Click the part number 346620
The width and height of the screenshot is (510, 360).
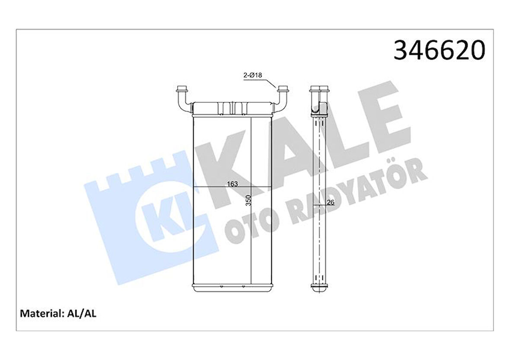pyautogui.click(x=439, y=51)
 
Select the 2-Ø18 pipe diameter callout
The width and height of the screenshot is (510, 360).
pyautogui.click(x=253, y=75)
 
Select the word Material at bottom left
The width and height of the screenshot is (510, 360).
pyautogui.click(x=41, y=313)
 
